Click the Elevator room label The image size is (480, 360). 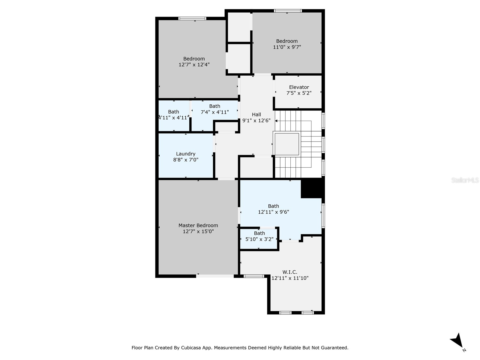pos(299,87)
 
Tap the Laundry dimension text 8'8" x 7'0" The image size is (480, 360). pos(186,160)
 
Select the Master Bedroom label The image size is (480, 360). pos(198,225)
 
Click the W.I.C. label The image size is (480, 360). pos(290,272)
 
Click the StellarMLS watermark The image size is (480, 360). pos(465,180)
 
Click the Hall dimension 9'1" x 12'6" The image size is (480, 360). pos(256,121)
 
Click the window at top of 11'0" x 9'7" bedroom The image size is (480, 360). pos(287,11)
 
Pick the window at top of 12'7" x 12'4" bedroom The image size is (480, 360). pos(192,19)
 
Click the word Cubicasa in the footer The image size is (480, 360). pos(192,348)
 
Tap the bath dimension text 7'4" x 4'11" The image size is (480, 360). pos(214,112)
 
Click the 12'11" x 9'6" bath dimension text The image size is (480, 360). pos(273,212)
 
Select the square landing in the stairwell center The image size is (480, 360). pos(287,144)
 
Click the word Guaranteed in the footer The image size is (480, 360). pos(334,348)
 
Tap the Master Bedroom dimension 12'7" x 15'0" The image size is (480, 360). pos(198,231)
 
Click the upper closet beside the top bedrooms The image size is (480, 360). pos(239,27)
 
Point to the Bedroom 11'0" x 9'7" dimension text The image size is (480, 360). pos(287,47)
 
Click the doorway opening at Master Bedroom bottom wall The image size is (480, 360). pos(215,276)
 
